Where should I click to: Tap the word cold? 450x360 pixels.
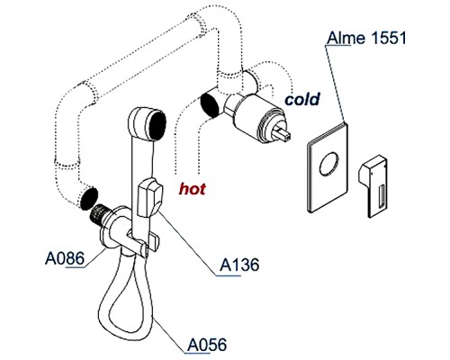(x=303, y=98)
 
